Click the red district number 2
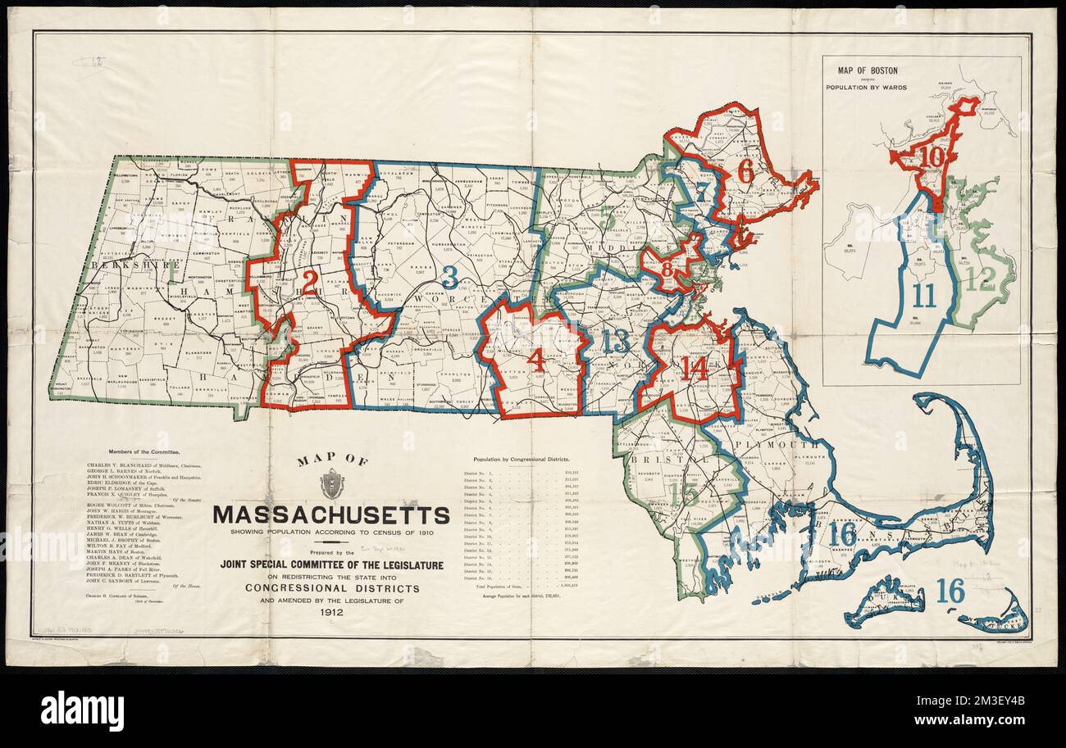click(x=309, y=281)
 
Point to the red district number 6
click(x=745, y=170)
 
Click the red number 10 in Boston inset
click(x=932, y=157)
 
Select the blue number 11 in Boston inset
click(x=923, y=296)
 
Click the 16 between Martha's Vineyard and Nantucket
click(x=950, y=591)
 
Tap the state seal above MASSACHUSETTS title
click(x=331, y=484)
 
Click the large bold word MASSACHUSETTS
click(x=331, y=515)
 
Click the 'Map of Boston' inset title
click(x=866, y=70)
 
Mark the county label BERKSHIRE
click(x=125, y=265)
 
